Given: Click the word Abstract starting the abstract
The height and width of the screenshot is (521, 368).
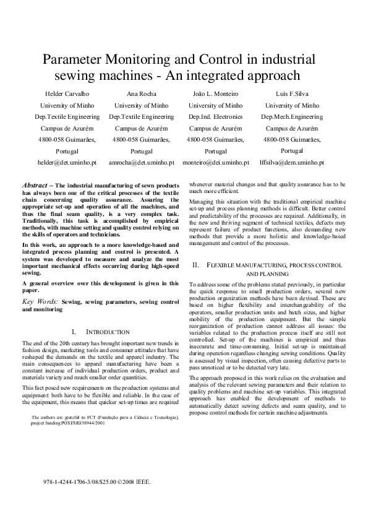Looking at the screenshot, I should coord(35,185).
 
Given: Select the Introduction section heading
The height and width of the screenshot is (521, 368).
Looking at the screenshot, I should coord(106,332).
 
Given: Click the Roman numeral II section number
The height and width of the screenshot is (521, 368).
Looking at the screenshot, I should coord(195,264).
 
